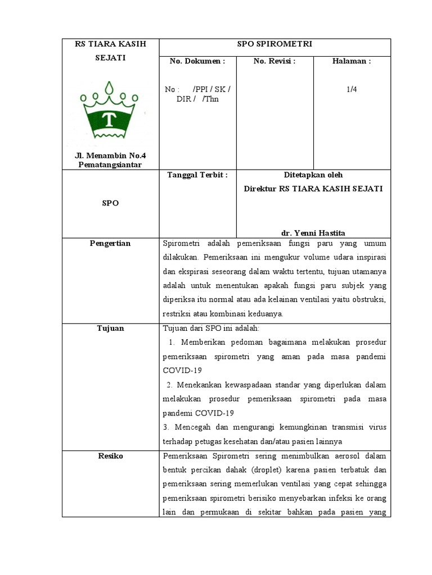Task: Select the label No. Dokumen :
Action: [197, 61]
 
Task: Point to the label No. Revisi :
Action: [274, 61]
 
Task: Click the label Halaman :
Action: [352, 61]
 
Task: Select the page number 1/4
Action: [352, 89]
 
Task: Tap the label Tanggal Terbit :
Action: [197, 175]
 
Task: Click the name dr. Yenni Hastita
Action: [313, 232]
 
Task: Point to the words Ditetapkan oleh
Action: [313, 175]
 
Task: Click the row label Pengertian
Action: [111, 243]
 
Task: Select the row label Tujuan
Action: [111, 328]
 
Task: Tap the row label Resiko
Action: [111, 456]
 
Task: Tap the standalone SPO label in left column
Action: [110, 203]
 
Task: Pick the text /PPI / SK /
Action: [211, 89]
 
